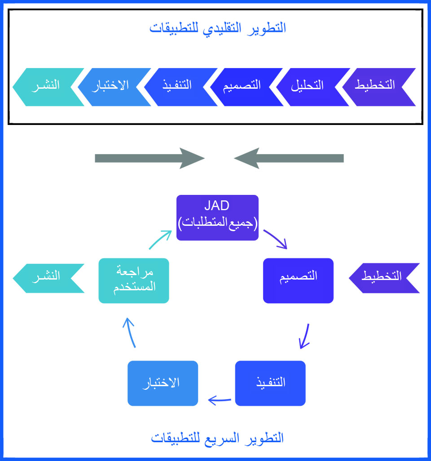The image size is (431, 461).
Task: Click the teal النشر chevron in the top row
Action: point(48,87)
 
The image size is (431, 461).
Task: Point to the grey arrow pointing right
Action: point(150,158)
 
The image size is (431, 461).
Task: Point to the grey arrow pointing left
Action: point(289,158)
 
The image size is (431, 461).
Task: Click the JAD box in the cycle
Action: point(217,218)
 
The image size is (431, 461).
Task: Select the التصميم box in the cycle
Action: point(298,280)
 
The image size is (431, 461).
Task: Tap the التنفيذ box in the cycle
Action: point(270,383)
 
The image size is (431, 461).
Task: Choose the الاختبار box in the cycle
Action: point(163,383)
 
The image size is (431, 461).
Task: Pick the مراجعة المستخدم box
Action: point(134,280)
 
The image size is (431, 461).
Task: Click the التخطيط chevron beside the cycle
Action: point(384,278)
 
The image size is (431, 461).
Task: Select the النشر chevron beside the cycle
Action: point(48,278)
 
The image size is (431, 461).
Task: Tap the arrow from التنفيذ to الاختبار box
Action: point(220,400)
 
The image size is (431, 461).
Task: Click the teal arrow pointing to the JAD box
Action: point(160,240)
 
